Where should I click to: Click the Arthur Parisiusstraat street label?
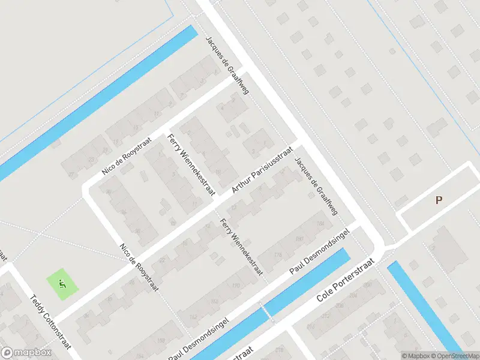tap(262, 172)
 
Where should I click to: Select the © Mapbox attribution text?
tap(416, 356)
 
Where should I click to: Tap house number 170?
tap(236, 285)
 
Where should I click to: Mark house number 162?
tap(193, 316)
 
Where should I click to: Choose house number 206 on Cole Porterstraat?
tap(346, 295)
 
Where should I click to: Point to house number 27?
tap(71, 175)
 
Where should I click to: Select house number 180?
tap(299, 239)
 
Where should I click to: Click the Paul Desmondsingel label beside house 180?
tap(320, 251)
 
